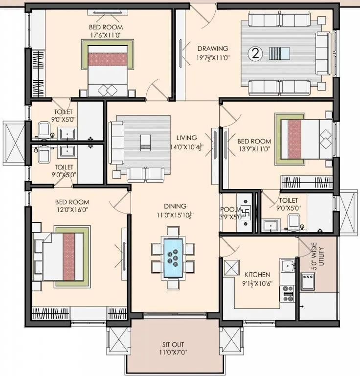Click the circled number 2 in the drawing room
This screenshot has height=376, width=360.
pos(254,53)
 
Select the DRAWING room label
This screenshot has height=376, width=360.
pos(212,48)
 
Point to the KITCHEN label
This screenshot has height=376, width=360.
pos(257,275)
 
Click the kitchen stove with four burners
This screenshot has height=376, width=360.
pos(287,293)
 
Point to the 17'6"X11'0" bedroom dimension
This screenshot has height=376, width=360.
pos(106,35)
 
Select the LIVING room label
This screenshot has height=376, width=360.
pos(187,138)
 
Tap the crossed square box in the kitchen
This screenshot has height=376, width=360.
pos(230,268)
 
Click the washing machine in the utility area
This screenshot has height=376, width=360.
pos(308,281)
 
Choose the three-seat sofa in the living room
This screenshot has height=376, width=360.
pos(116,142)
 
